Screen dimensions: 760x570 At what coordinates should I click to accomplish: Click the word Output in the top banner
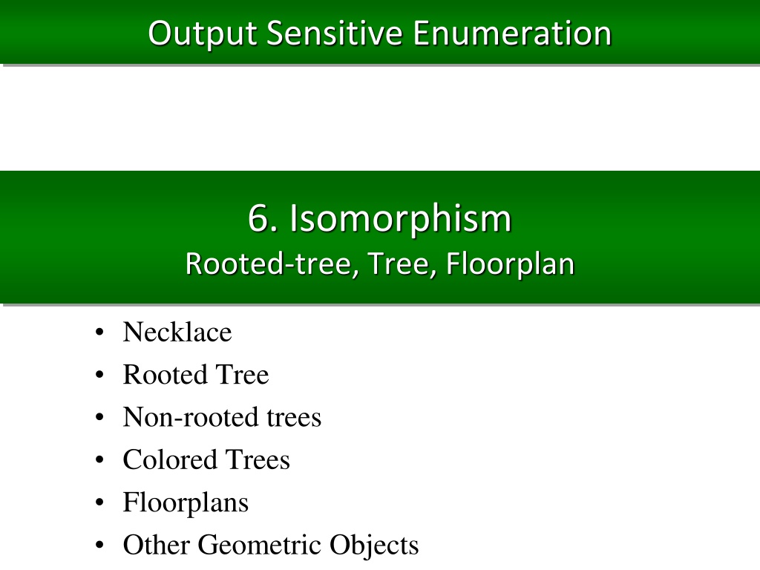point(202,34)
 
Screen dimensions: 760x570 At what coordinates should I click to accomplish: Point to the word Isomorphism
point(400,218)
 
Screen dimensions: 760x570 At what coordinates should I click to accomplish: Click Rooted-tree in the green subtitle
point(272,264)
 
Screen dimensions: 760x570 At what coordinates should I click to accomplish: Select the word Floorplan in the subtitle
point(510,265)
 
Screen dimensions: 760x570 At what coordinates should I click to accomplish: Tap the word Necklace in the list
point(177,332)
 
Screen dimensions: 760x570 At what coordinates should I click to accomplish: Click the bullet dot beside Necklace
point(99,332)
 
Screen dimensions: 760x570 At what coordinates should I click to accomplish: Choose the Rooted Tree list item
point(196,375)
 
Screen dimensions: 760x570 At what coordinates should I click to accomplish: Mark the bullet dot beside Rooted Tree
point(99,375)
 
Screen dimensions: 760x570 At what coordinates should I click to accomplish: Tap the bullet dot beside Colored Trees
point(99,459)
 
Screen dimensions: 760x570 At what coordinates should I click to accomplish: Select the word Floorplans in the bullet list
point(186,503)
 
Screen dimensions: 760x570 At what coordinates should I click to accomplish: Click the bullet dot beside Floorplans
point(99,502)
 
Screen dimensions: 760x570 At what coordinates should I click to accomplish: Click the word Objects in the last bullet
point(374,545)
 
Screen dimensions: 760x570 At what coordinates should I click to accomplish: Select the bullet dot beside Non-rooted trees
point(99,417)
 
